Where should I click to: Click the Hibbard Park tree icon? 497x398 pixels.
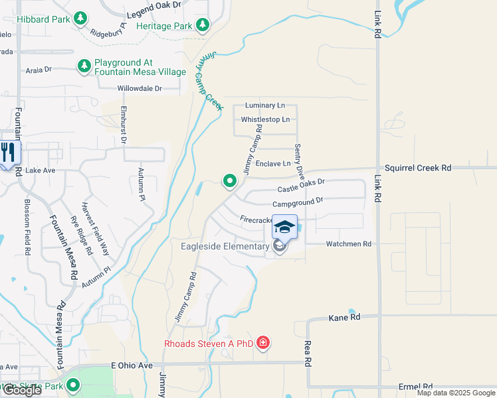(80, 18)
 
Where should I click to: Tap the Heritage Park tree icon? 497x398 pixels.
(203, 26)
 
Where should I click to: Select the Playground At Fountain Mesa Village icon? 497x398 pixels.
(84, 66)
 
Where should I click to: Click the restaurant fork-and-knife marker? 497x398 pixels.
(9, 153)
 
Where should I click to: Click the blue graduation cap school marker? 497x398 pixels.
(284, 228)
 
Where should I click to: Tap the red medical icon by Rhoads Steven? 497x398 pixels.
(263, 343)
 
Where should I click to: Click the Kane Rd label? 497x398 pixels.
(344, 318)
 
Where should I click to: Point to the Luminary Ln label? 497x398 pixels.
(264, 105)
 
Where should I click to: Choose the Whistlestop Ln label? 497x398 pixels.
(265, 119)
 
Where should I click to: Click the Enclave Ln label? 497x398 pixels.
(273, 163)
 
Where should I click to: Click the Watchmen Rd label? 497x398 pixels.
(348, 244)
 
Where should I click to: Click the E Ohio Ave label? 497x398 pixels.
(132, 365)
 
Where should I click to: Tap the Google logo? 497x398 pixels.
(21, 390)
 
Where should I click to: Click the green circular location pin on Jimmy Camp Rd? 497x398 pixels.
(230, 180)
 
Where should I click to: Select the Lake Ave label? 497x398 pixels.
(40, 170)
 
